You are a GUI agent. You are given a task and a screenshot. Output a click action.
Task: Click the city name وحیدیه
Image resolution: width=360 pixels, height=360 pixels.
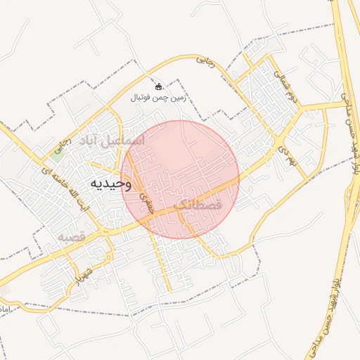point(110,183)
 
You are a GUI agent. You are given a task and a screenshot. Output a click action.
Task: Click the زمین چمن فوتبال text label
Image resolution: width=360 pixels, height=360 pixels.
point(158,99)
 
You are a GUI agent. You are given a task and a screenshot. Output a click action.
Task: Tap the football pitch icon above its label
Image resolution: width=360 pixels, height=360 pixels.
point(158,86)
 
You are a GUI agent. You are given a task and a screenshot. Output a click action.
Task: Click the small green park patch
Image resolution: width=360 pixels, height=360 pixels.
point(56,150)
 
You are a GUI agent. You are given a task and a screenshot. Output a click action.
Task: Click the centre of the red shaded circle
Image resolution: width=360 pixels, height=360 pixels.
point(180,179)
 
